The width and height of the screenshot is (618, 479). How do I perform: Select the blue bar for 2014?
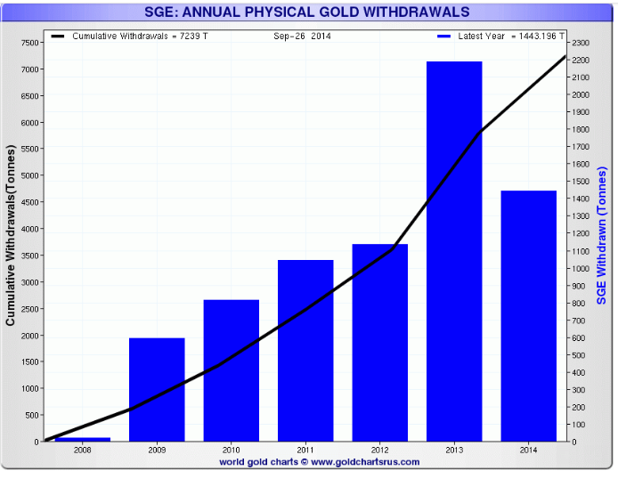(528, 316)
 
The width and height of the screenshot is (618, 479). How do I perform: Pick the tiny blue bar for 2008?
(83, 439)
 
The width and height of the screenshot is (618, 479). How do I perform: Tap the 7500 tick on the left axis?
(28, 43)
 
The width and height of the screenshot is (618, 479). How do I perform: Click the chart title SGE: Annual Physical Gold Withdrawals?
(307, 12)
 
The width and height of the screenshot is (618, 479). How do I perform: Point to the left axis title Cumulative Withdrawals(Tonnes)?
(11, 241)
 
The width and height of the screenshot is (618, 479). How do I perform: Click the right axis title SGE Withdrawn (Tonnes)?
(602, 236)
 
